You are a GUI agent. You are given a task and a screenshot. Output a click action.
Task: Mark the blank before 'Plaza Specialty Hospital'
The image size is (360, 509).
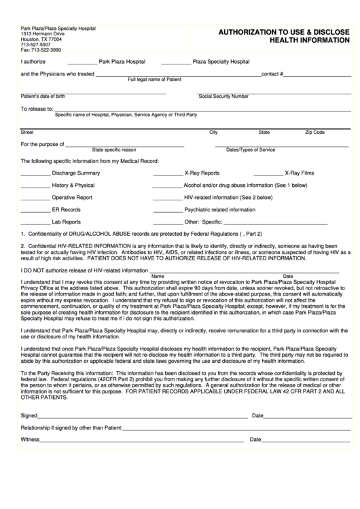176,62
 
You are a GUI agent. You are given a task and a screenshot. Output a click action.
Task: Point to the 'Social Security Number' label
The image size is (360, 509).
223,96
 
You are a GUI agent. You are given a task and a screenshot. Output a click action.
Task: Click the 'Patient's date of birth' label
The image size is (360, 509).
43,96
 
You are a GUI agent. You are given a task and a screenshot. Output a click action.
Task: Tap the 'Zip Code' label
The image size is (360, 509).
314,133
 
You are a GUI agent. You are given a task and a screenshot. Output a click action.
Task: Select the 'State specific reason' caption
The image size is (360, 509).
114,150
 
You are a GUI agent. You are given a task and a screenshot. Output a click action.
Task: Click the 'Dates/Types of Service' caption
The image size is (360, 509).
251,150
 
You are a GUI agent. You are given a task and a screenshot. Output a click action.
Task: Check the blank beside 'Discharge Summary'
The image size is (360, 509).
35,173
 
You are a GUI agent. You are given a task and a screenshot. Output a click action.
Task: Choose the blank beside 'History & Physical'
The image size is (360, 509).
35,186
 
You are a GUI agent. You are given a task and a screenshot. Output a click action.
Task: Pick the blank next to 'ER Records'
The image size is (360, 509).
35,210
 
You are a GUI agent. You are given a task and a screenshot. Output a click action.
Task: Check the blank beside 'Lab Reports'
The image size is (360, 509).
35,222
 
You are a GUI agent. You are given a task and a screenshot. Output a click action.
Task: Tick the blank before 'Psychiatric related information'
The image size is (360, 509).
167,210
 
